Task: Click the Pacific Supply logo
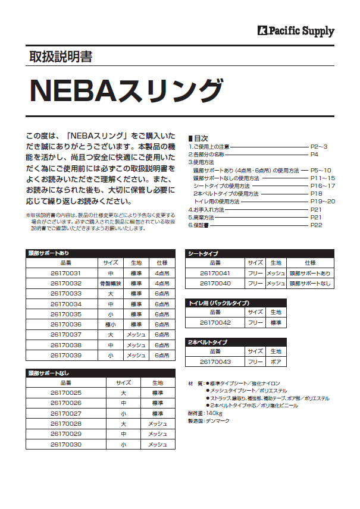296,31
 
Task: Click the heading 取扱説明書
60,57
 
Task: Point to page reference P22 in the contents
316,225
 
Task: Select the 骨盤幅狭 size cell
110,284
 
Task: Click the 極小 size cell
110,325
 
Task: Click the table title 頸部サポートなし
49,373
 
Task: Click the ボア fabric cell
275,362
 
